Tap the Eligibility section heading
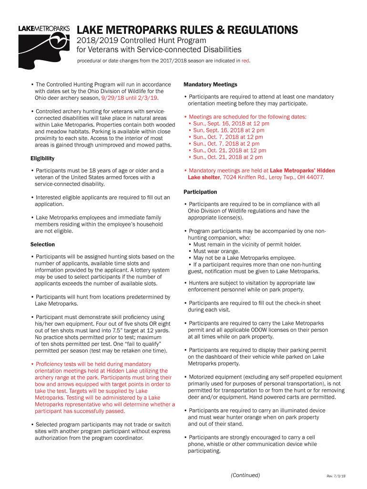42,158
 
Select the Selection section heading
42,244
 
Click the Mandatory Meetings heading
210,85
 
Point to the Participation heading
200,192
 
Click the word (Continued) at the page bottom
245,475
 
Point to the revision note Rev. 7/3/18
336,476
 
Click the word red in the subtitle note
245,61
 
